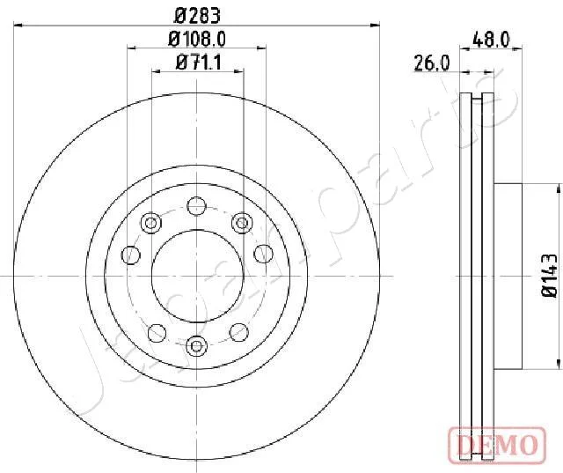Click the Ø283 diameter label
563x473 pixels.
click(197, 16)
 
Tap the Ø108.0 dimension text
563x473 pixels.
click(197, 39)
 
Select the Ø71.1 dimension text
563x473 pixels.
click(199, 63)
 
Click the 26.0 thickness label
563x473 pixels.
click(432, 63)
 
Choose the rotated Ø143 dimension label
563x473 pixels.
click(549, 276)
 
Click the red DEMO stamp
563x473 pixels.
click(497, 445)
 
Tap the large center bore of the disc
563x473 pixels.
click(197, 276)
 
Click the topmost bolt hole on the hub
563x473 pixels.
click(197, 206)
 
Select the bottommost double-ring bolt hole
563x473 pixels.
click(197, 346)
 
